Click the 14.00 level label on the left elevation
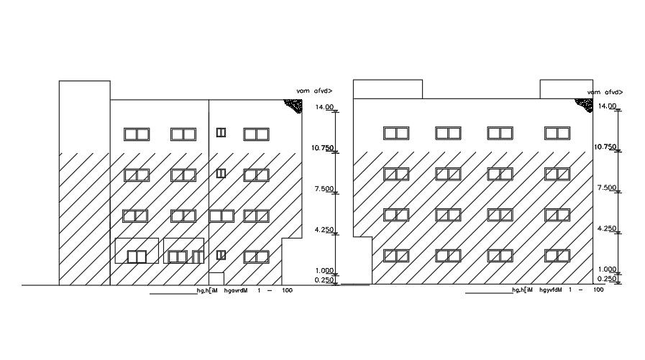tap(325, 107)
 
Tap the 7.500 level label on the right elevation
tap(606, 188)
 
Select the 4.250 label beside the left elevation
tap(325, 229)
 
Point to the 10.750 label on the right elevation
tap(605, 147)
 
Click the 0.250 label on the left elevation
tap(325, 280)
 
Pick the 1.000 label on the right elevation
tap(606, 269)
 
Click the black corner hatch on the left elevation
tap(293, 105)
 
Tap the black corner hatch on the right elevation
tap(583, 103)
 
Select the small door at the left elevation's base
tap(216, 279)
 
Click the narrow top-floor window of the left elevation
tap(221, 132)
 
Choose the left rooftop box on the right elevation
tap(388, 89)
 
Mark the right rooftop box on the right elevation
tap(566, 89)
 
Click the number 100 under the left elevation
tap(287, 290)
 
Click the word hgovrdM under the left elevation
tap(236, 290)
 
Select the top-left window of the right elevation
tap(396, 133)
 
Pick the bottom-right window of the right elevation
tap(557, 255)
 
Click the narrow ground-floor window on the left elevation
tap(221, 254)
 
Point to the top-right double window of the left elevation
tap(255, 134)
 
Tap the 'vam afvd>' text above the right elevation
tap(604, 93)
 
